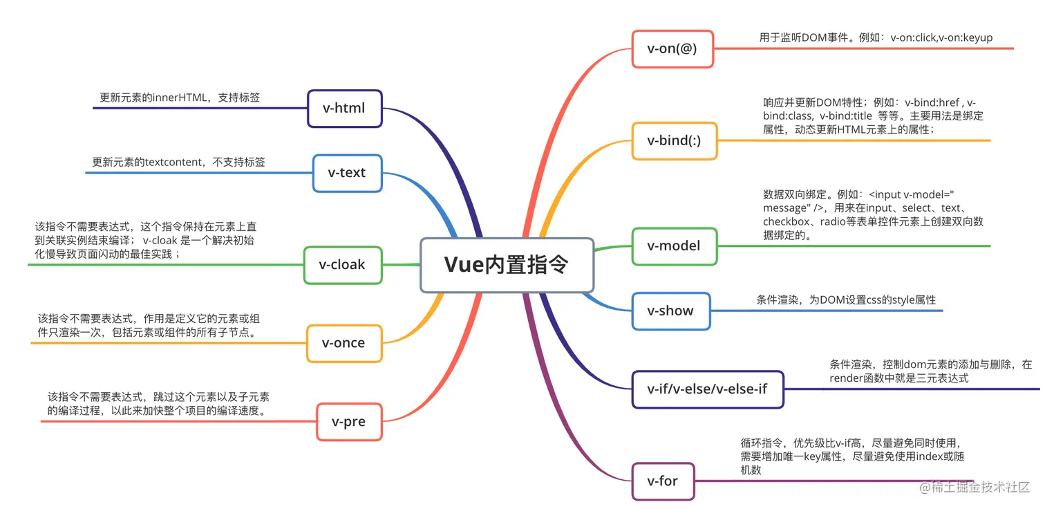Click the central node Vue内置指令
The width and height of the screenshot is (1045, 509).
tap(507, 265)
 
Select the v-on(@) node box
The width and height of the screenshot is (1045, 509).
tap(672, 48)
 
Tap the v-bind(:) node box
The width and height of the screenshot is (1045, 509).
tap(674, 140)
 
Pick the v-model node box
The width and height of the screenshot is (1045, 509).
tap(673, 246)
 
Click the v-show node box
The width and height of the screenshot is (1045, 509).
tap(670, 311)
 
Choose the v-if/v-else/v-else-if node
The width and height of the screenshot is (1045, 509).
tap(707, 389)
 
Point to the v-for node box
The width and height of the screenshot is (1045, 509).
tap(662, 481)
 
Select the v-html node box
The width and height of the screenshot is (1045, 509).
tap(344, 108)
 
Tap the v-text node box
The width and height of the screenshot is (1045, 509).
tap(347, 173)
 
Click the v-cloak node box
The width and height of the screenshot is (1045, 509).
tap(342, 265)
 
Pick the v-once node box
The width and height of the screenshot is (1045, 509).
tap(343, 343)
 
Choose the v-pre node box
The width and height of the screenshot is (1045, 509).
tap(348, 422)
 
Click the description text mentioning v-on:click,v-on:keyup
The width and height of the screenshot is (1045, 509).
tap(876, 38)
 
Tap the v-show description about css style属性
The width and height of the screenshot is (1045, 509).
tap(846, 300)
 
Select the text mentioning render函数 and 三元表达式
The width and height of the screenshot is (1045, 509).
tap(898, 378)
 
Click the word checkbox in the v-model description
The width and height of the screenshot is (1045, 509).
tap(788, 221)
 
